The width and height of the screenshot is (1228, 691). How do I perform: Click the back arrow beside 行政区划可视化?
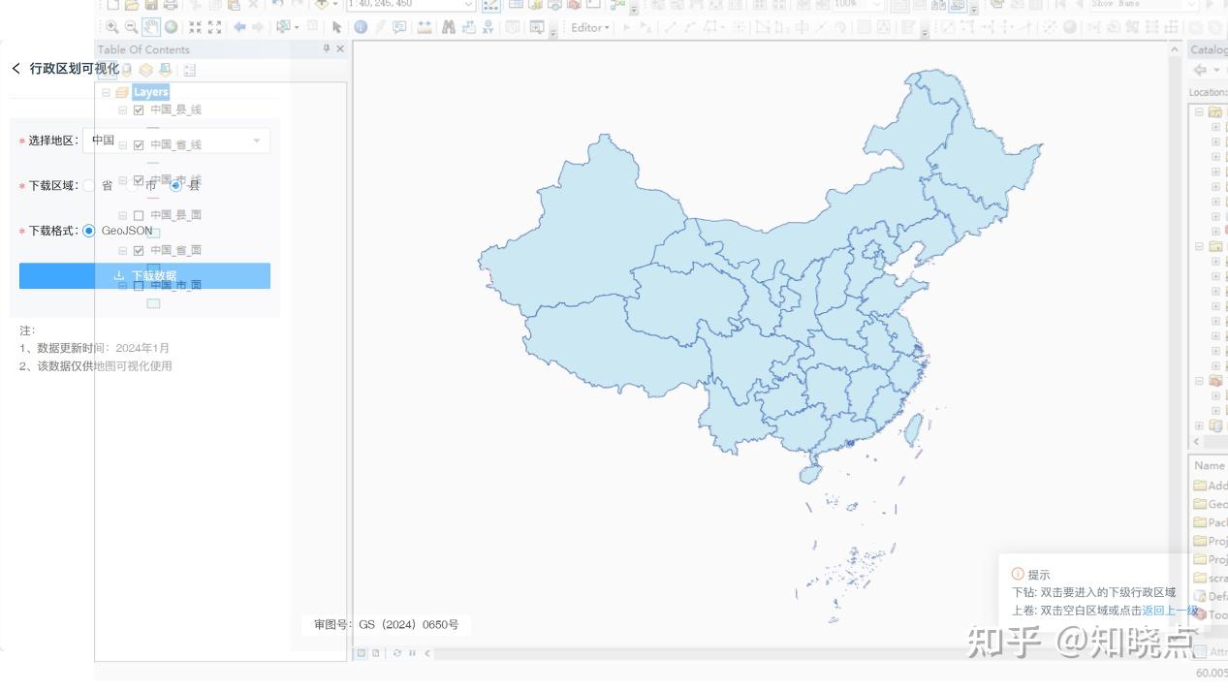(16, 68)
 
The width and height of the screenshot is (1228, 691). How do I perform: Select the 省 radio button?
(90, 185)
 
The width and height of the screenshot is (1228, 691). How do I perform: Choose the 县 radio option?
(175, 185)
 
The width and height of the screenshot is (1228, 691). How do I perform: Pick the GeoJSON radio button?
(89, 231)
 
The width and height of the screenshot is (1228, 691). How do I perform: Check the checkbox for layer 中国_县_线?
(139, 110)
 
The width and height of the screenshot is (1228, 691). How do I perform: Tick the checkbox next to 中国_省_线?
(139, 145)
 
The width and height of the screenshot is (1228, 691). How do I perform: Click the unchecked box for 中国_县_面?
(139, 215)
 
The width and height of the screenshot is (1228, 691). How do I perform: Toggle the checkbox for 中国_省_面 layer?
(139, 251)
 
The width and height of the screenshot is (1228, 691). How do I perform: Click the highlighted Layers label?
(150, 92)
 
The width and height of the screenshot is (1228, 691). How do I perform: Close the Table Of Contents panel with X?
(340, 49)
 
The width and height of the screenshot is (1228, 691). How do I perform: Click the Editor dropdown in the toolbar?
(589, 27)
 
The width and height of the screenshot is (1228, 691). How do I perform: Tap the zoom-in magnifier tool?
(112, 27)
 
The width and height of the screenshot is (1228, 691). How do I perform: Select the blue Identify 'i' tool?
(361, 27)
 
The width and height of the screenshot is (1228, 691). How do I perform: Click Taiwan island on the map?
(912, 429)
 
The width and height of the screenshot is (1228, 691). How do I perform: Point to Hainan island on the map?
(809, 474)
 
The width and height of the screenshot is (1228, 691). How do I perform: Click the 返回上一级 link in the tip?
(1169, 611)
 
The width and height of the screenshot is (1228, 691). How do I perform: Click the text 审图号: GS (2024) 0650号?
(386, 625)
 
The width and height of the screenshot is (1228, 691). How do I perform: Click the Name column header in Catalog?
(1209, 466)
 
